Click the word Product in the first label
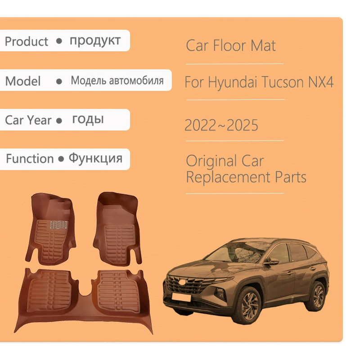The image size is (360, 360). (27, 41)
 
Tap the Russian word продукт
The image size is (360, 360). (95, 41)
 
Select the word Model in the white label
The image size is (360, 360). (23, 81)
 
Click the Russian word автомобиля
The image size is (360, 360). (136, 81)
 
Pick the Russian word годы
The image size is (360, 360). (88, 120)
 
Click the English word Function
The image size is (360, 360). (30, 159)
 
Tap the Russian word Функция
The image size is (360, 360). (95, 158)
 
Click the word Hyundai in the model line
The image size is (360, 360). (233, 82)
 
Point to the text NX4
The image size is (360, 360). (321, 82)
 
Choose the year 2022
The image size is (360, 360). (200, 126)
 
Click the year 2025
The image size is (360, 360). (243, 126)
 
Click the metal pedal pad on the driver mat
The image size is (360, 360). (59, 225)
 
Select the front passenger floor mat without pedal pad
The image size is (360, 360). (117, 229)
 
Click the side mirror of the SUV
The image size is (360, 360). (271, 261)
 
